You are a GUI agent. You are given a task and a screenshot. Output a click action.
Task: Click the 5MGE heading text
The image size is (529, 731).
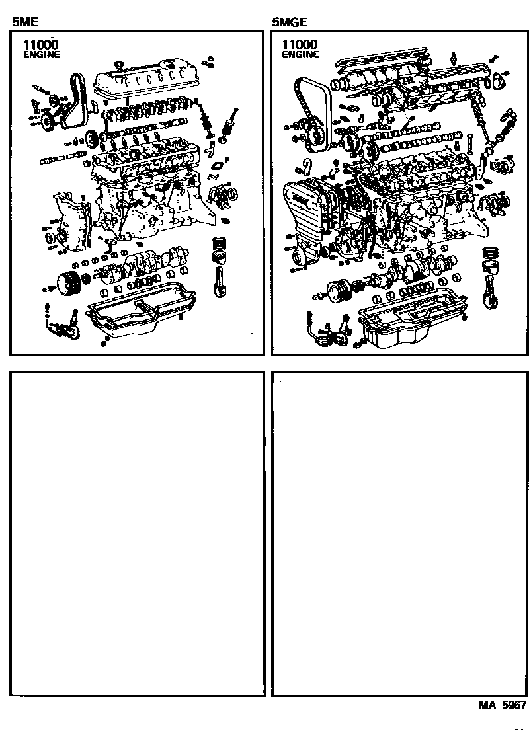click(x=289, y=22)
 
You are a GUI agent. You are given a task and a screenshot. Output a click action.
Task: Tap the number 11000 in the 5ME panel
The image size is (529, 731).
click(x=39, y=44)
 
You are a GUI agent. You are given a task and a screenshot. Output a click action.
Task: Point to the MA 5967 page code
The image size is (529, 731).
click(x=503, y=705)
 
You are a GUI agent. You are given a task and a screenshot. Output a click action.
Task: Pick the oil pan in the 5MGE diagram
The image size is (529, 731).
click(x=410, y=324)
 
